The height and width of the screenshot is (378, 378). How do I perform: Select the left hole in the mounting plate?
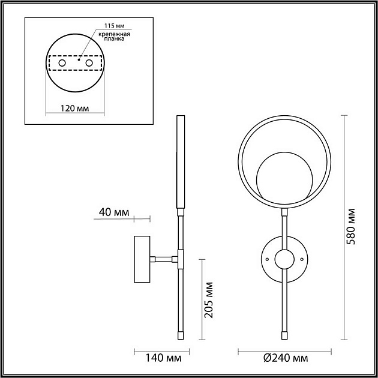(x=61, y=62)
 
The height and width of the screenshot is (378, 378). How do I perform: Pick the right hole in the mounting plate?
(x=89, y=62)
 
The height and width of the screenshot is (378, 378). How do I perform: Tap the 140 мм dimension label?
(x=159, y=358)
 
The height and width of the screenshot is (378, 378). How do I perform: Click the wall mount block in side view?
(x=142, y=259)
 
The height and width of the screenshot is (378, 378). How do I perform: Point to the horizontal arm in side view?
(x=163, y=259)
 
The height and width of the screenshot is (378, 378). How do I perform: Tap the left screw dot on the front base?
(x=266, y=259)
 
